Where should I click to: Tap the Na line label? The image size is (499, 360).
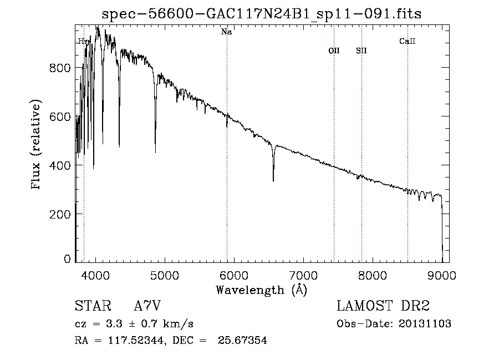pyautogui.click(x=226, y=32)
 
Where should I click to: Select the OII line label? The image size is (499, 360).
pyautogui.click(x=334, y=50)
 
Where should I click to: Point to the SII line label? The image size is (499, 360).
pyautogui.click(x=361, y=50)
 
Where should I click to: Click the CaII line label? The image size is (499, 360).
pyautogui.click(x=407, y=41)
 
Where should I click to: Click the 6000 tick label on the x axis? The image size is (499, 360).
pyautogui.click(x=234, y=276)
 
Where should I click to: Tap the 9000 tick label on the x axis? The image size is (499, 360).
pyautogui.click(x=442, y=276)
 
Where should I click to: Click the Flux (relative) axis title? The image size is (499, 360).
pyautogui.click(x=37, y=145)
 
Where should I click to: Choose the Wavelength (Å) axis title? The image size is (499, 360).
pyautogui.click(x=261, y=290)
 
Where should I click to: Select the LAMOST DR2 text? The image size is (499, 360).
pyautogui.click(x=383, y=306)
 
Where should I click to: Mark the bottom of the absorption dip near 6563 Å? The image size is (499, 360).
pyautogui.click(x=273, y=180)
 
